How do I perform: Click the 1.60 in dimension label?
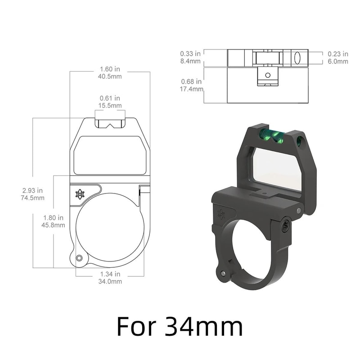tap(110, 69)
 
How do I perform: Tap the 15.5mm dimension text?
tap(110, 105)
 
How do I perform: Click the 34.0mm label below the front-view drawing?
tap(110, 282)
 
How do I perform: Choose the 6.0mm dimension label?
tap(337, 61)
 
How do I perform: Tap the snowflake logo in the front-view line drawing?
tap(80, 194)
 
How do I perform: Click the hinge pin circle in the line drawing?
tap(80, 258)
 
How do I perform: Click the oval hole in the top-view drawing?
tap(297, 58)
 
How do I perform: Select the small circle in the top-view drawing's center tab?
tap(267, 75)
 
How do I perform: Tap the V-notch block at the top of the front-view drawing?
tap(110, 123)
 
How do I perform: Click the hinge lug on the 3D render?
tap(221, 272)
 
